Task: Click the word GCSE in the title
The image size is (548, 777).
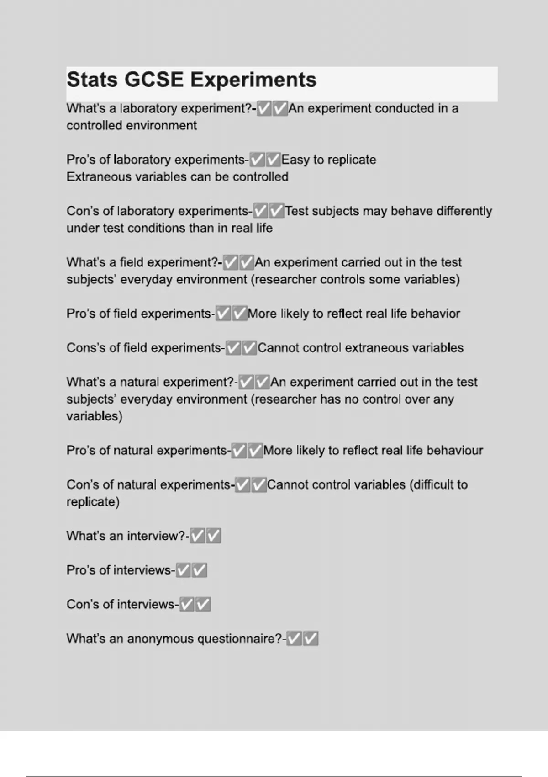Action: point(154,80)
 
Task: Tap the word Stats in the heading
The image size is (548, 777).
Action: point(92,80)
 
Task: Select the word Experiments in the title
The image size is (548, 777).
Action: point(253,80)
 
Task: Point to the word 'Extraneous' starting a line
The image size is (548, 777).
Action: point(99,177)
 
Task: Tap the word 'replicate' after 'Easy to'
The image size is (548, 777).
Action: point(352,160)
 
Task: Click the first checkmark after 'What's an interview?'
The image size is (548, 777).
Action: point(197,536)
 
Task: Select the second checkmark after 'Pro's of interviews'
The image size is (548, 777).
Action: point(200,570)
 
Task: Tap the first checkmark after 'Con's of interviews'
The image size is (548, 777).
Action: point(187,605)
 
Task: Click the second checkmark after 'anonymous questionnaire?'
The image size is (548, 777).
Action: point(311,639)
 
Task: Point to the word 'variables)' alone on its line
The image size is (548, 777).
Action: point(95,416)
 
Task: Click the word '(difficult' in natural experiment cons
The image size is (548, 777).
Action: point(438,485)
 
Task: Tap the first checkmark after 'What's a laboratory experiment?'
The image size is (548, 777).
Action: point(264,109)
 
